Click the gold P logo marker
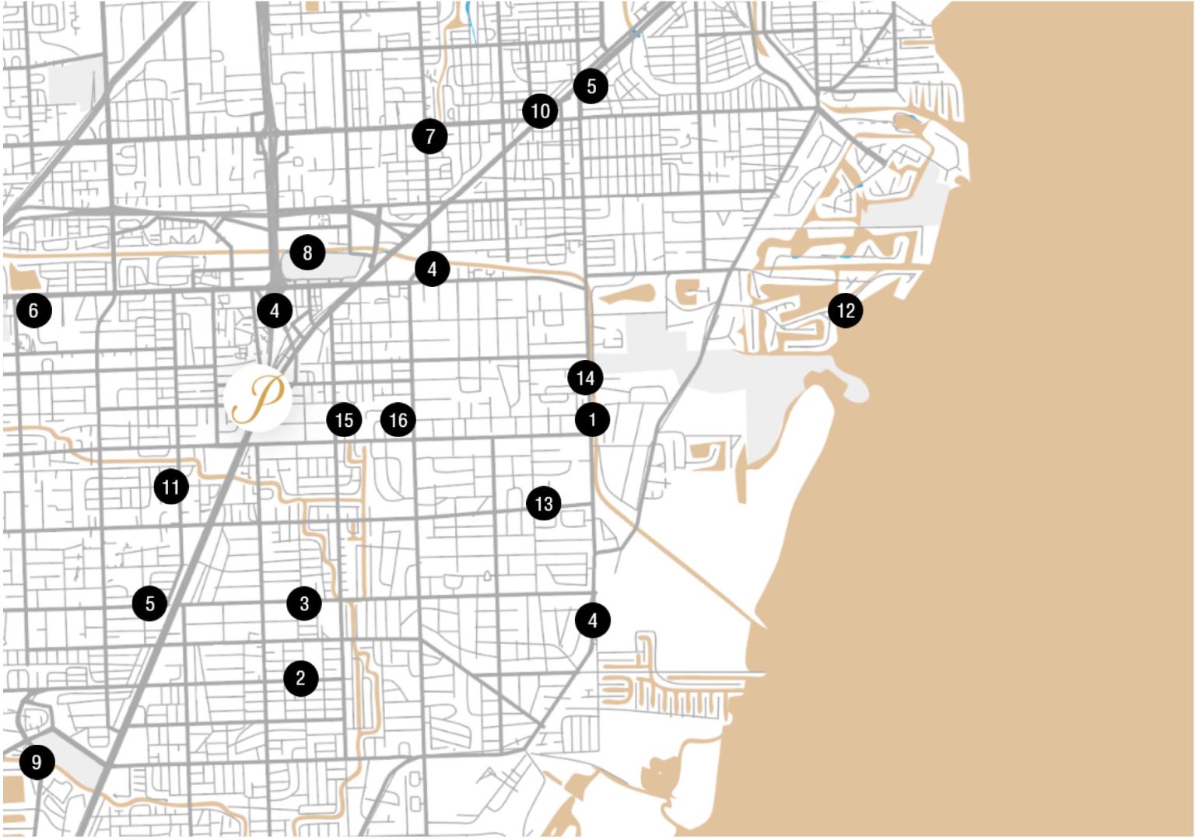click(x=258, y=397)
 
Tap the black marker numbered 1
click(x=592, y=420)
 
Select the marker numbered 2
click(x=301, y=678)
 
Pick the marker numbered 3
click(x=304, y=603)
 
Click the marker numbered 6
click(x=33, y=311)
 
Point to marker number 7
click(x=430, y=137)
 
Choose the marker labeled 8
click(x=307, y=253)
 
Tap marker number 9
click(x=37, y=762)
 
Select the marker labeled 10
click(x=540, y=111)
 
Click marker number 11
click(x=171, y=488)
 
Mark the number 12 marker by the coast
click(x=846, y=311)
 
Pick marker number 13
click(x=544, y=504)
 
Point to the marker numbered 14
click(x=585, y=379)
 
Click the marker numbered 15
click(x=344, y=421)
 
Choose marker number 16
click(x=398, y=421)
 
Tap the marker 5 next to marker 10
click(x=591, y=86)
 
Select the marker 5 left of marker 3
click(x=149, y=603)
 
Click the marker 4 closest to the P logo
click(x=275, y=311)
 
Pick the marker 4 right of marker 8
click(x=432, y=269)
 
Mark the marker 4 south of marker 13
click(x=593, y=621)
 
